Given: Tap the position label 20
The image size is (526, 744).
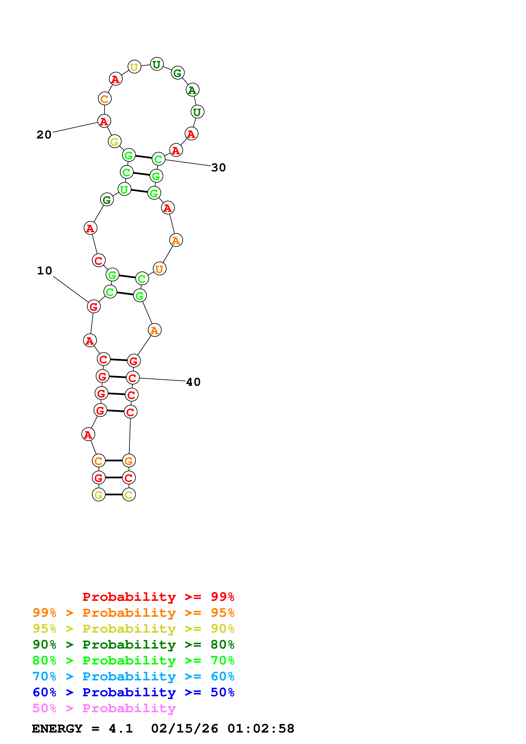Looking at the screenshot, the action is (44, 134).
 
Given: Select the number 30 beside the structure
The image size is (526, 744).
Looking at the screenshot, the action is (218, 168).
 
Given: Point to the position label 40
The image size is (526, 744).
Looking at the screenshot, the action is (193, 382).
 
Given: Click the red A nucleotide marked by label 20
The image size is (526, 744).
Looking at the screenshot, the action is (104, 121).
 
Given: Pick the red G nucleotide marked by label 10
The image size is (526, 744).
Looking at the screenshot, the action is (94, 306).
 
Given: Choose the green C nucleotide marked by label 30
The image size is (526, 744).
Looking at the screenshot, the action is (159, 159).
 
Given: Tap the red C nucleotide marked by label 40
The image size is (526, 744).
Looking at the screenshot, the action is (133, 378).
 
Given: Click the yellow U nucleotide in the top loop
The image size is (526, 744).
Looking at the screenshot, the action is (134, 67).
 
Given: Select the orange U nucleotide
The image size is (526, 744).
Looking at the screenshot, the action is (159, 269).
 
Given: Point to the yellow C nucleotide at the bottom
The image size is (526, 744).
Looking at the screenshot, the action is (129, 495).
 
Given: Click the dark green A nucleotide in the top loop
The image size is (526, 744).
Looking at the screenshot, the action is (192, 90).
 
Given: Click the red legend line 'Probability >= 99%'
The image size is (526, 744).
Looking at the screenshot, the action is (158, 597).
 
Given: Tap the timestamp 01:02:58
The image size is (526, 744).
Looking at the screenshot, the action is (261, 729).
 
